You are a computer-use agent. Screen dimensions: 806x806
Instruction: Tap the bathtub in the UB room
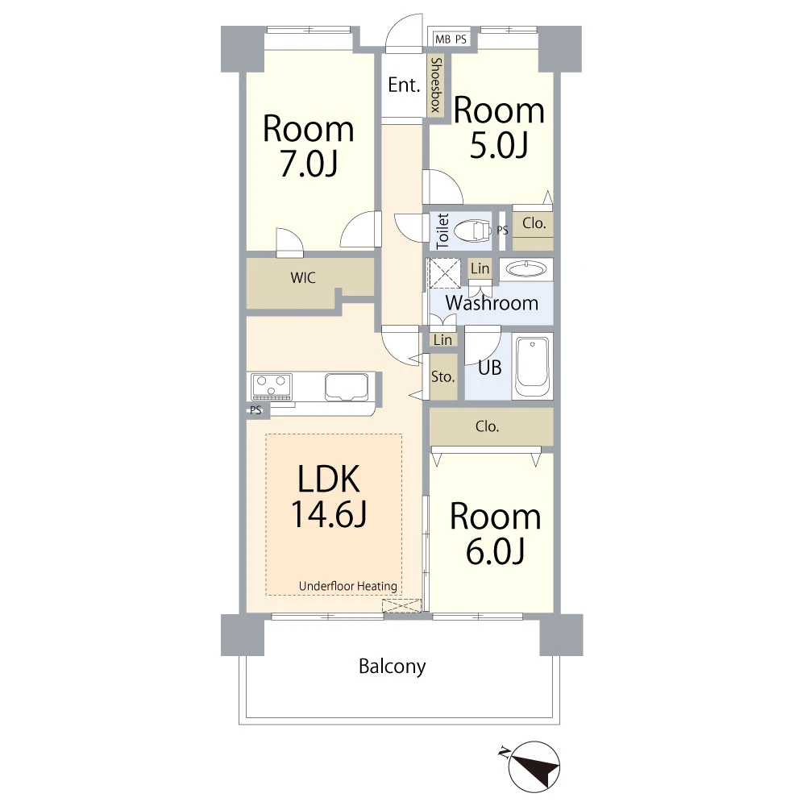532,366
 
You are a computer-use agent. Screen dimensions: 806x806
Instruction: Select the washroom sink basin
526,269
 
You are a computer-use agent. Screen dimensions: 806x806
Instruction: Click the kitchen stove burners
272,387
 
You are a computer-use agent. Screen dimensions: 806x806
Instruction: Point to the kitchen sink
347,387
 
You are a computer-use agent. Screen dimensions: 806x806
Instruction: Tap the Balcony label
393,667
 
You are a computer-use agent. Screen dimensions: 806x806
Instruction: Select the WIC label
303,278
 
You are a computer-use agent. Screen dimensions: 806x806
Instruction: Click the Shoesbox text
436,85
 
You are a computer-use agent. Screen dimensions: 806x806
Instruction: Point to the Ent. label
404,85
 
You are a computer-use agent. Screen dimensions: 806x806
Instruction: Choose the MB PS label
451,39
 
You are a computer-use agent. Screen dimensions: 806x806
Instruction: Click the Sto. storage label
442,376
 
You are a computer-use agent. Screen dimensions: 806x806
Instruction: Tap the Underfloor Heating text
348,586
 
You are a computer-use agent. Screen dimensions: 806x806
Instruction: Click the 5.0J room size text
499,145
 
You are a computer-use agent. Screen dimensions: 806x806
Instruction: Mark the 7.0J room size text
309,164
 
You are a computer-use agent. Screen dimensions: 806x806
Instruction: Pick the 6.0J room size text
495,550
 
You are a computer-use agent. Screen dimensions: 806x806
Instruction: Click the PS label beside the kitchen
256,409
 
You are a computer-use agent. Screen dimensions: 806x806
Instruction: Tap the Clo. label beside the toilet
534,223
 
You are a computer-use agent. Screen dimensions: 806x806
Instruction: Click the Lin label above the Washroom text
480,268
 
